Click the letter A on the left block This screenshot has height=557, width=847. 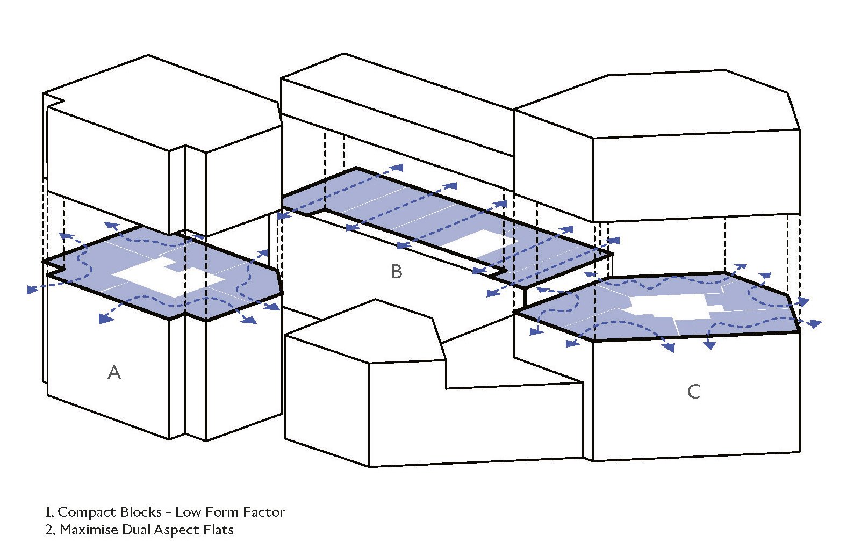click(x=114, y=372)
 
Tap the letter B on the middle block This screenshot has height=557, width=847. click(x=396, y=272)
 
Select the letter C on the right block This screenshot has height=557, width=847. click(x=694, y=392)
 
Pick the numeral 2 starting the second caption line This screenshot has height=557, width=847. click(x=49, y=530)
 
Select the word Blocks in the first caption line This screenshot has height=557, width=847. click(x=141, y=512)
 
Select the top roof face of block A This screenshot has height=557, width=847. click(x=161, y=102)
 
